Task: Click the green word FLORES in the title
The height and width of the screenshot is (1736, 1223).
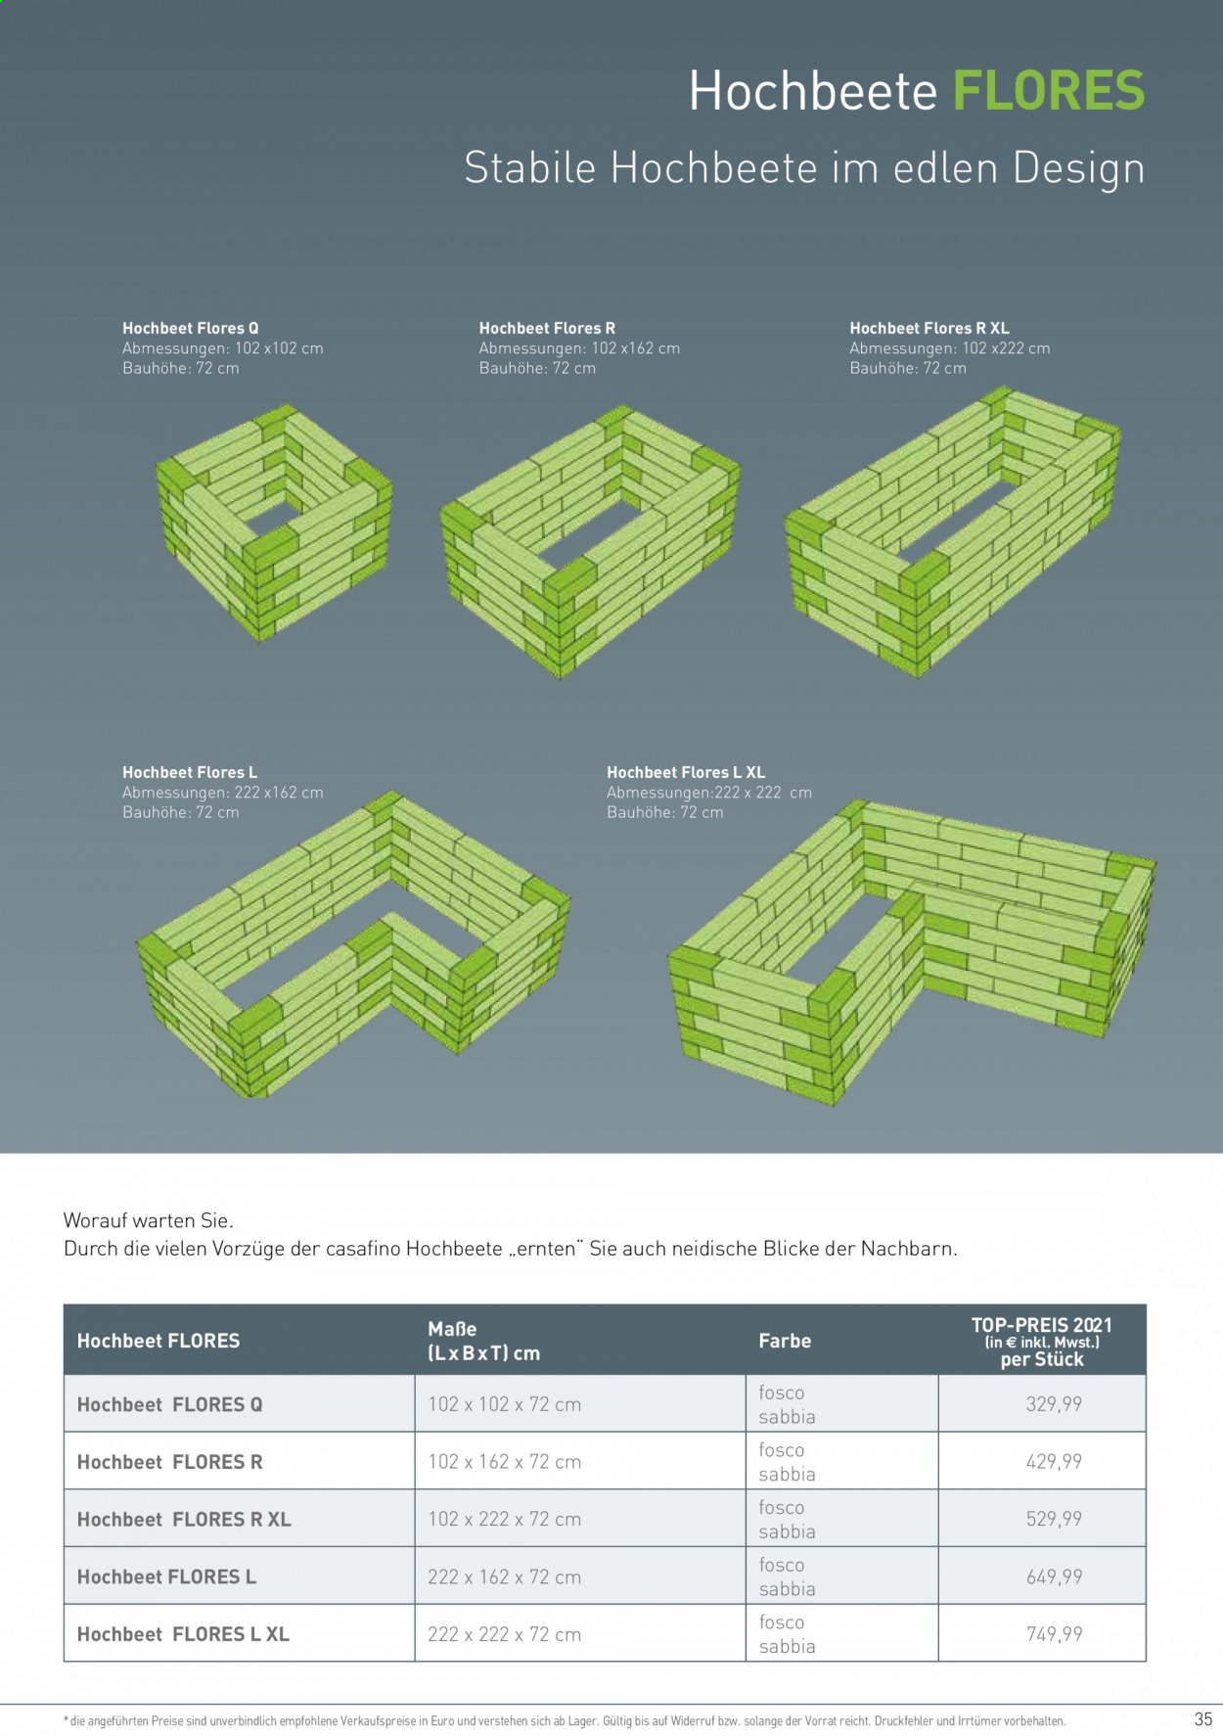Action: point(1048,91)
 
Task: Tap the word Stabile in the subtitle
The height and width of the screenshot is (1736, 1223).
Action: point(530,167)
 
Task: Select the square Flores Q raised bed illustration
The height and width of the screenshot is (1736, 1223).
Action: point(274,523)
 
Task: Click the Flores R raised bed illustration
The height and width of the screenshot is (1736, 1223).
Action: point(590,541)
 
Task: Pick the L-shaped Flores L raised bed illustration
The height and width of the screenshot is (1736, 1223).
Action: point(353,943)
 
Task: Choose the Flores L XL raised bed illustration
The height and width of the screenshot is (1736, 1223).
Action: point(912,952)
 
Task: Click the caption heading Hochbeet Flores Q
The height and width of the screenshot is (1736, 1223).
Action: point(191,328)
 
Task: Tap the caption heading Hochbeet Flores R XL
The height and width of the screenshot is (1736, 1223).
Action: point(929,328)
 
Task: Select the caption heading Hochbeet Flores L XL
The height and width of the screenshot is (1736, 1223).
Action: point(686,772)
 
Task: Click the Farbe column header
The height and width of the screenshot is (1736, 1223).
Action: point(785,1341)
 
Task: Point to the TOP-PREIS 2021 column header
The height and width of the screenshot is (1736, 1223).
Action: point(1042,1325)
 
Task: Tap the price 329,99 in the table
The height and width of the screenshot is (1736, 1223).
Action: point(1054,1404)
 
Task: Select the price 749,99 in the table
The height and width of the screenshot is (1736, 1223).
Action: point(1054,1634)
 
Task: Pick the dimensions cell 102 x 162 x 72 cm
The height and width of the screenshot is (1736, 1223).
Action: point(504,1462)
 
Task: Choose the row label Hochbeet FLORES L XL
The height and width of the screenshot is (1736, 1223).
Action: point(183,1634)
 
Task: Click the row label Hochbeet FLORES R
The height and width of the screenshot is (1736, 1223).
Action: point(170,1462)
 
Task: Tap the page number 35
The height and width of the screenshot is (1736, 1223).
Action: point(1203,1718)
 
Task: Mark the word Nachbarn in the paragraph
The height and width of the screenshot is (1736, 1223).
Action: point(908,1249)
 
